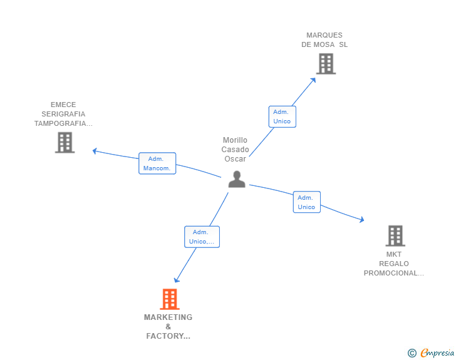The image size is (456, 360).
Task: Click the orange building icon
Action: [x=170, y=299]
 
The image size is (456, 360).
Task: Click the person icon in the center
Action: [x=237, y=179]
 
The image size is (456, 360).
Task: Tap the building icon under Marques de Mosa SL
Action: [x=326, y=64]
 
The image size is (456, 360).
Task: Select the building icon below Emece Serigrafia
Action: [x=65, y=143]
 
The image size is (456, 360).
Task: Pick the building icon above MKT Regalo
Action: [x=395, y=236]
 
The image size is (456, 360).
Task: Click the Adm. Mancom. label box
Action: [x=157, y=163]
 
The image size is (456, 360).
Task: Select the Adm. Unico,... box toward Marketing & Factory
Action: [x=202, y=237]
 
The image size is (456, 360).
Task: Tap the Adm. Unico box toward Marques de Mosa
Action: [x=282, y=116]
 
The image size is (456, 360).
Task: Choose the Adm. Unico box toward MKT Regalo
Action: [x=306, y=202]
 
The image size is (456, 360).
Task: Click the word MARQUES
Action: [x=324, y=35]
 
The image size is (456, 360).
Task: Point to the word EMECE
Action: [x=63, y=105]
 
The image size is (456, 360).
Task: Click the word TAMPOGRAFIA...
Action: [x=60, y=123]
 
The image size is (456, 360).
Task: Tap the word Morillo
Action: [x=235, y=140]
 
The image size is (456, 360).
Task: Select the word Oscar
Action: [x=235, y=159]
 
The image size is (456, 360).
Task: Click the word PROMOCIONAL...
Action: [x=390, y=274]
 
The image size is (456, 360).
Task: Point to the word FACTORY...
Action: [x=165, y=336]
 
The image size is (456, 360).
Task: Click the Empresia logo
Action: [x=431, y=352]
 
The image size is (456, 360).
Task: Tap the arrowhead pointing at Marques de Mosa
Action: [x=313, y=80]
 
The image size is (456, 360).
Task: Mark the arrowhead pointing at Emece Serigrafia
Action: [x=95, y=151]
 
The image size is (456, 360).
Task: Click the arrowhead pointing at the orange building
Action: [x=177, y=280]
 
